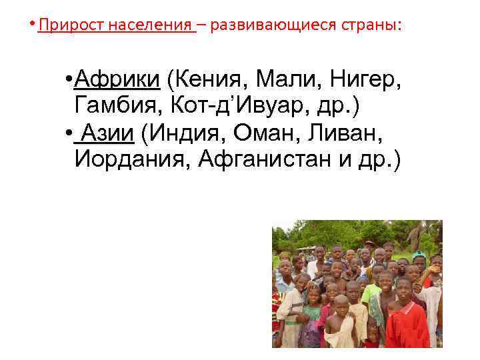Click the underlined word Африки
point(117,81)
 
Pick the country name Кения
point(207,81)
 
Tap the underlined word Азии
point(107,134)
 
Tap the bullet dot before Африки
point(69,81)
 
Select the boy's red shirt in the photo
point(406,323)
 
